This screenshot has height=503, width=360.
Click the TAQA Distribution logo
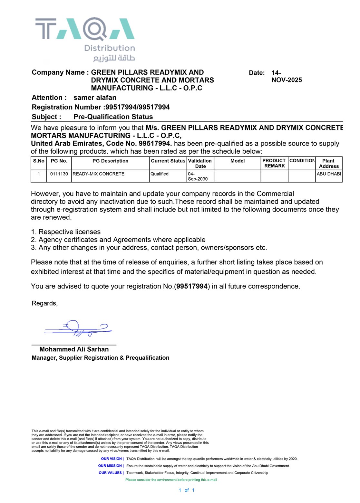click(x=85, y=39)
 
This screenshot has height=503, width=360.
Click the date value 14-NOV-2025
click(x=286, y=76)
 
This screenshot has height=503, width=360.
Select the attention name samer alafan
click(x=95, y=98)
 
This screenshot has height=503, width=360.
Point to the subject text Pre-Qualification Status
click(x=113, y=117)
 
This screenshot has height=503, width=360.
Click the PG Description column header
click(x=110, y=161)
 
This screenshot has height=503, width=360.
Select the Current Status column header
click(x=168, y=161)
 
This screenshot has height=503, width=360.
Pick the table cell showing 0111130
click(x=59, y=174)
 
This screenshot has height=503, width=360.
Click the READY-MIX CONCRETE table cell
click(x=99, y=174)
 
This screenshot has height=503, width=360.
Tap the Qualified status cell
click(x=160, y=174)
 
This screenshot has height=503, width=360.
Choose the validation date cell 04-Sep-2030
click(x=198, y=176)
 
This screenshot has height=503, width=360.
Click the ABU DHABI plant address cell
click(x=329, y=174)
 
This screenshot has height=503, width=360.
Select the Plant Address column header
click(x=328, y=164)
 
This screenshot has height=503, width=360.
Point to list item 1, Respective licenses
click(x=66, y=232)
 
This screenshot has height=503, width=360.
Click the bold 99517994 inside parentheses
click(x=192, y=286)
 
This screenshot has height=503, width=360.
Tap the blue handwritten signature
click(x=78, y=328)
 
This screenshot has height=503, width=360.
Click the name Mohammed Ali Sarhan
click(x=74, y=349)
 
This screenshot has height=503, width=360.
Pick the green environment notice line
click(x=171, y=480)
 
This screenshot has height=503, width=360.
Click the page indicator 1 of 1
click(x=187, y=490)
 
